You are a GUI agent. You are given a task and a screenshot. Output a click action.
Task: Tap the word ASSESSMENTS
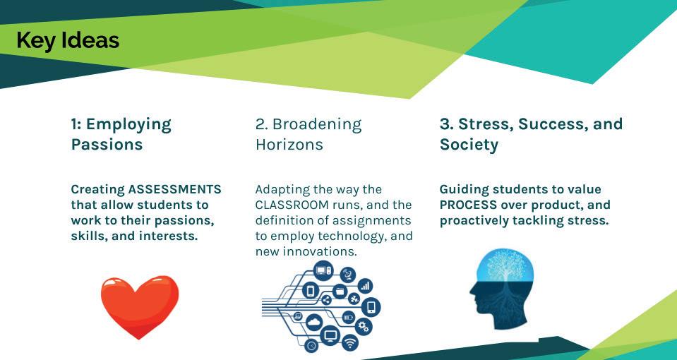(175, 189)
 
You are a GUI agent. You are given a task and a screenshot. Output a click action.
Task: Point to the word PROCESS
(468, 205)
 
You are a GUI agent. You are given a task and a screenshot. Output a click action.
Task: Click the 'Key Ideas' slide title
(68, 41)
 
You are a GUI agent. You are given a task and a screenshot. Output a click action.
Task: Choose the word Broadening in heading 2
(318, 124)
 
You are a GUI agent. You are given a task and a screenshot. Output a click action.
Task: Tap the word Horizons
(289, 145)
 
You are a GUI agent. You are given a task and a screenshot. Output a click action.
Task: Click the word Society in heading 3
(469, 145)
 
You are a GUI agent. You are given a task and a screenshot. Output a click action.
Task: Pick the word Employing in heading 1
(128, 125)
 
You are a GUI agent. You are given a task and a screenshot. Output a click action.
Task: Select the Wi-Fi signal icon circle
(349, 343)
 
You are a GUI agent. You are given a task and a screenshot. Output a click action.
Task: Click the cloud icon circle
(314, 322)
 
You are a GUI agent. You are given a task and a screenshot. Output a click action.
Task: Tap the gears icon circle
(363, 327)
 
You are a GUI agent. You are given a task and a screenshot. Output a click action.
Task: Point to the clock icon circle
(311, 346)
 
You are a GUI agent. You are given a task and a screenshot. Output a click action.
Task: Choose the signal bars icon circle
(365, 286)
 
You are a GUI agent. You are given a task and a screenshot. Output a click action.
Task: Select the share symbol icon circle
(326, 300)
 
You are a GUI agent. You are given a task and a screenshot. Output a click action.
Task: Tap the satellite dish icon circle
(347, 275)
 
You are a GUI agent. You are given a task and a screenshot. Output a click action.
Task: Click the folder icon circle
(340, 292)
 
